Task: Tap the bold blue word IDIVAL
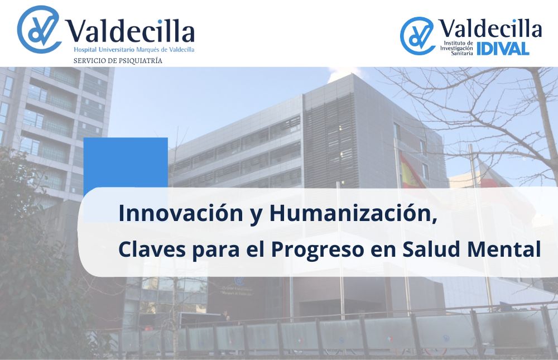pyautogui.click(x=503, y=49)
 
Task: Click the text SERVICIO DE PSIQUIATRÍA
pyautogui.click(x=118, y=61)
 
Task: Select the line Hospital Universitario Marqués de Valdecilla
pyautogui.click(x=134, y=50)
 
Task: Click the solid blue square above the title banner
pyautogui.click(x=126, y=162)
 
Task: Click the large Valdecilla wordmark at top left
pyautogui.click(x=131, y=31)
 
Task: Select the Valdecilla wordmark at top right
pyautogui.click(x=490, y=28)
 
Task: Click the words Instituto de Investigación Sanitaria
pyautogui.click(x=456, y=48)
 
